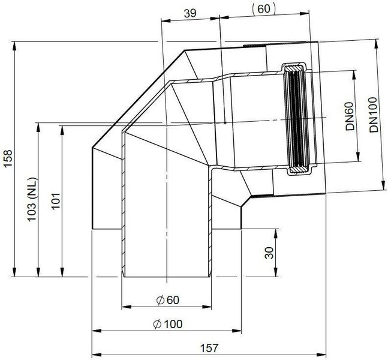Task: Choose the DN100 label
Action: tap(374, 115)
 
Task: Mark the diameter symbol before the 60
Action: tap(158, 300)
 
